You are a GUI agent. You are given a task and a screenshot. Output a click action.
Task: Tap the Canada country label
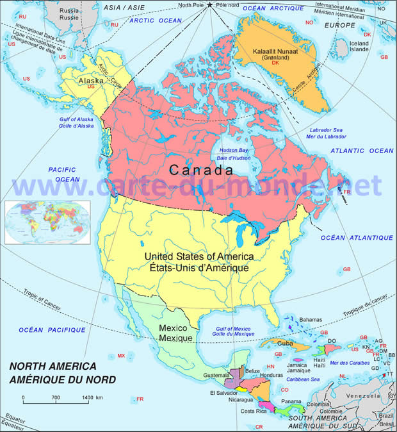pyautogui.click(x=201, y=170)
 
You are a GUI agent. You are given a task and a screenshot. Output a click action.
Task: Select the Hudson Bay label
pyautogui.click(x=235, y=150)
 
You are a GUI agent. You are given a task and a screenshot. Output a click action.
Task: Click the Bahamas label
pyautogui.click(x=311, y=319)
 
